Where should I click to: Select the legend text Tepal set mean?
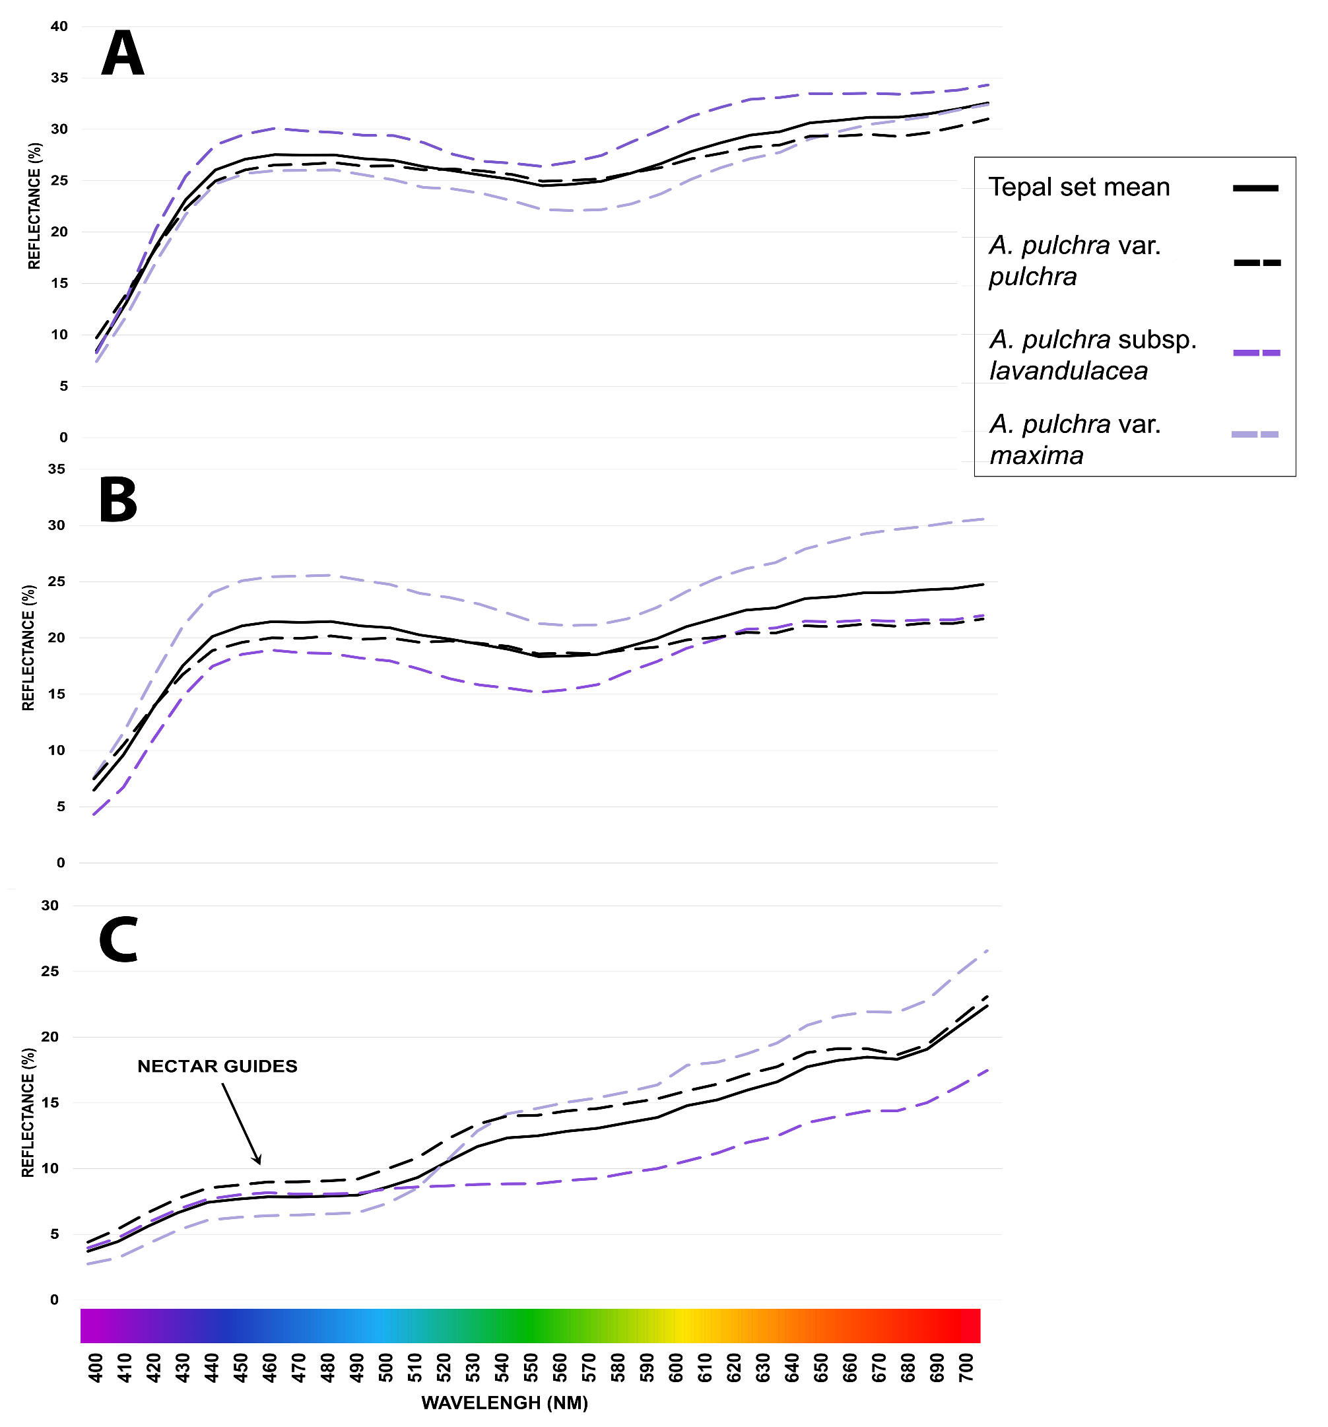coord(1079,187)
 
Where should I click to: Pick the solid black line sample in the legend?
coord(1255,188)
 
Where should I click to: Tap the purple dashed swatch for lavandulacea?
coord(1256,352)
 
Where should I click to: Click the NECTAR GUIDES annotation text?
coord(216,1066)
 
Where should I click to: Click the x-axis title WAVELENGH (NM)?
coord(504,1403)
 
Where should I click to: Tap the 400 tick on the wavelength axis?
coord(95,1367)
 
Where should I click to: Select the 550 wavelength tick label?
coord(530,1367)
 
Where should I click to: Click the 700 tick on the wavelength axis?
coord(966,1367)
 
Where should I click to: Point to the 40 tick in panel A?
coord(59,26)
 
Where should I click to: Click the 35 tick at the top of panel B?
coord(56,469)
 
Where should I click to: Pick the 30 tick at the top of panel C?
coord(50,906)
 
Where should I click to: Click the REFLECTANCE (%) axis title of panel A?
coord(34,206)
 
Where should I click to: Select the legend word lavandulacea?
coord(1068,371)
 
